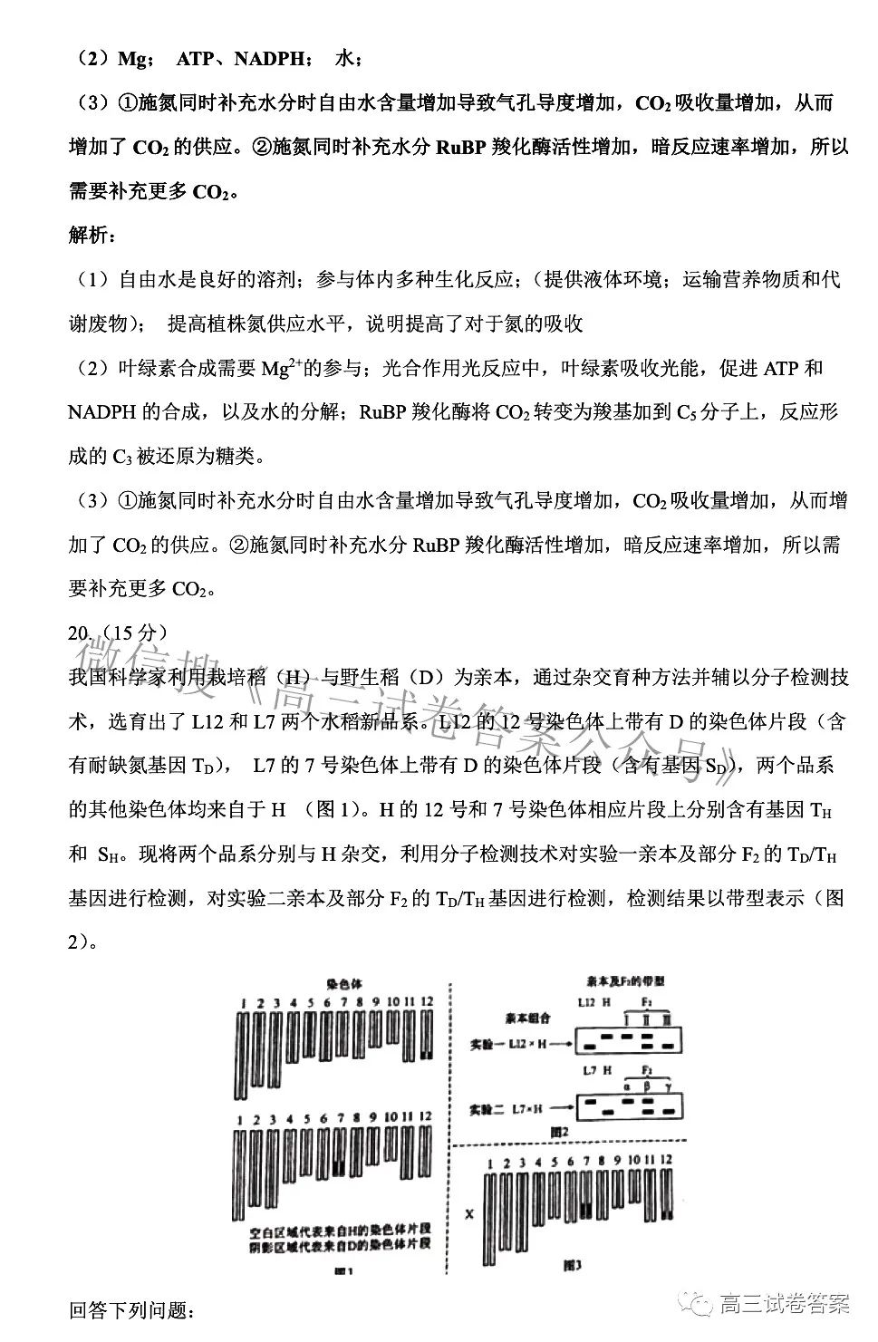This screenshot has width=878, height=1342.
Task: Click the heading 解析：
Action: point(92,236)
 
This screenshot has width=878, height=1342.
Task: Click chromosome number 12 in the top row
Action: point(427,1002)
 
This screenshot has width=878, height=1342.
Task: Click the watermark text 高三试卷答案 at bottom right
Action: point(784,1305)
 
